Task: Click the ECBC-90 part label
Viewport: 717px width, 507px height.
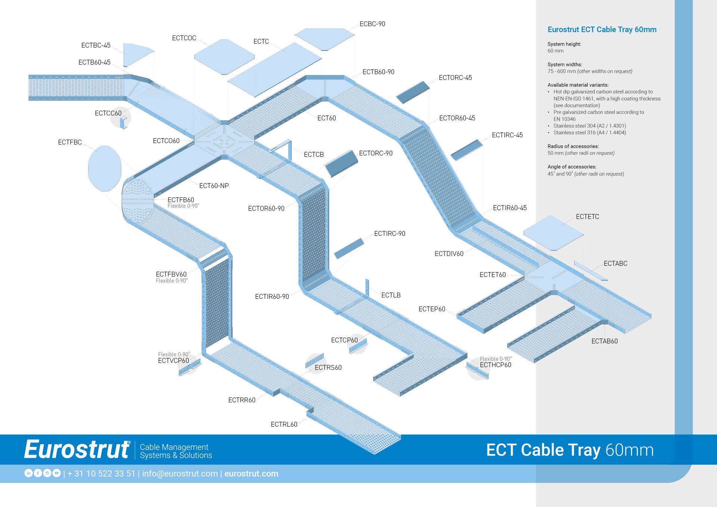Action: [x=372, y=24]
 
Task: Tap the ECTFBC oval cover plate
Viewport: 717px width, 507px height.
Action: [x=105, y=168]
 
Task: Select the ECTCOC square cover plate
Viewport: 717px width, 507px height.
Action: [x=224, y=57]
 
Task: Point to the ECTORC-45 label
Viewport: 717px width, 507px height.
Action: [x=455, y=78]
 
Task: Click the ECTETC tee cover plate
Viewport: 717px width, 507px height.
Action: [x=553, y=233]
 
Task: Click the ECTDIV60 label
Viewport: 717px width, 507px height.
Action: [x=449, y=254]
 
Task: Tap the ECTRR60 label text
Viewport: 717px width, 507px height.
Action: [x=242, y=400]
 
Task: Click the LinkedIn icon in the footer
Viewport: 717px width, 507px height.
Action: [x=28, y=473]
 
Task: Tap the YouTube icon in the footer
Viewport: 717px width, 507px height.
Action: [x=56, y=473]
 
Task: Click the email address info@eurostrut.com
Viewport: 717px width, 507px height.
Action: [x=180, y=474]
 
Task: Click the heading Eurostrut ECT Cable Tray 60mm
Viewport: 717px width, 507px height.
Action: [x=602, y=30]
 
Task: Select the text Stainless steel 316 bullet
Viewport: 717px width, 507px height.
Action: [x=589, y=133]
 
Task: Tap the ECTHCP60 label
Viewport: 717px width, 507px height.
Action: [x=495, y=365]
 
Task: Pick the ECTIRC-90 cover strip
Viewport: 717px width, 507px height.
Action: [x=349, y=248]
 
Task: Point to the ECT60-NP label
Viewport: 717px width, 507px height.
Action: [x=214, y=186]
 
